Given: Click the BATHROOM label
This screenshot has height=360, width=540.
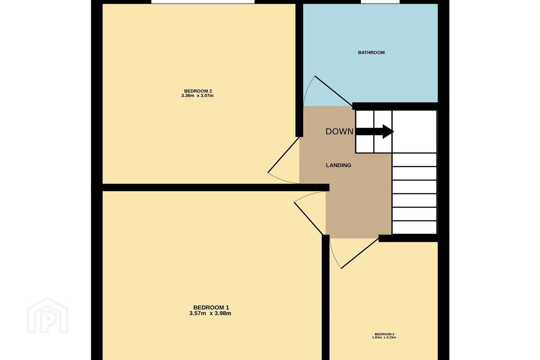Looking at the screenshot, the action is (x=371, y=52).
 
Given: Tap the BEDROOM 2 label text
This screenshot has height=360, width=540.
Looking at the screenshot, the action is (x=198, y=91).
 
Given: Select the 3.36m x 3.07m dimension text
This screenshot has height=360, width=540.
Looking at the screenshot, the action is (x=197, y=96).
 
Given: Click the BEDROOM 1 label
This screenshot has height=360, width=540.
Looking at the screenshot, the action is (x=211, y=307).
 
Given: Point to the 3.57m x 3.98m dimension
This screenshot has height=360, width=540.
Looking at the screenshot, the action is (x=210, y=313).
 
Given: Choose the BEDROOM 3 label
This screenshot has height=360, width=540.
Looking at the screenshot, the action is (x=384, y=334).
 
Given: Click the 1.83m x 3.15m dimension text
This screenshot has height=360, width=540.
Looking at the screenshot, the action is (x=384, y=337).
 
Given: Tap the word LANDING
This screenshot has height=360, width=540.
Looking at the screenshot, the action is (x=339, y=165).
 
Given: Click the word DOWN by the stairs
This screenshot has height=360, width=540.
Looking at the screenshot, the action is (x=339, y=132).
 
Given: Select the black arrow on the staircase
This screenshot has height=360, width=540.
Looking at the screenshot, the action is (x=375, y=132).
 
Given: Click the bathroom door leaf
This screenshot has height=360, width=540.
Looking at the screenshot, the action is (x=334, y=91).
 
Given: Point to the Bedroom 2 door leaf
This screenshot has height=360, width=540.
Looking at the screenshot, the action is (x=283, y=155).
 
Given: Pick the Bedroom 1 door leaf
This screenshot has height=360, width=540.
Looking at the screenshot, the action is (x=308, y=219).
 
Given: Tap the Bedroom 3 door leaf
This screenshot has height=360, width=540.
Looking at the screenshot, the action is (x=360, y=253).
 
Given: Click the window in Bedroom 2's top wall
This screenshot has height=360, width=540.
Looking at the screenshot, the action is (x=203, y=2).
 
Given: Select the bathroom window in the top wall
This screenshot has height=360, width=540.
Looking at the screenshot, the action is (x=380, y=2).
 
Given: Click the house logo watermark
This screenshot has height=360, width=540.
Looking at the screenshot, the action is (x=48, y=316).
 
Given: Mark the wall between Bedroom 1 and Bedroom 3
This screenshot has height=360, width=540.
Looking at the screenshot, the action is (x=325, y=297).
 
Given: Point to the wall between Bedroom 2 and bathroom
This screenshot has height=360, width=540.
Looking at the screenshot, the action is (x=299, y=70).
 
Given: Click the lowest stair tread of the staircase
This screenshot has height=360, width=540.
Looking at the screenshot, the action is (x=414, y=228).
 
